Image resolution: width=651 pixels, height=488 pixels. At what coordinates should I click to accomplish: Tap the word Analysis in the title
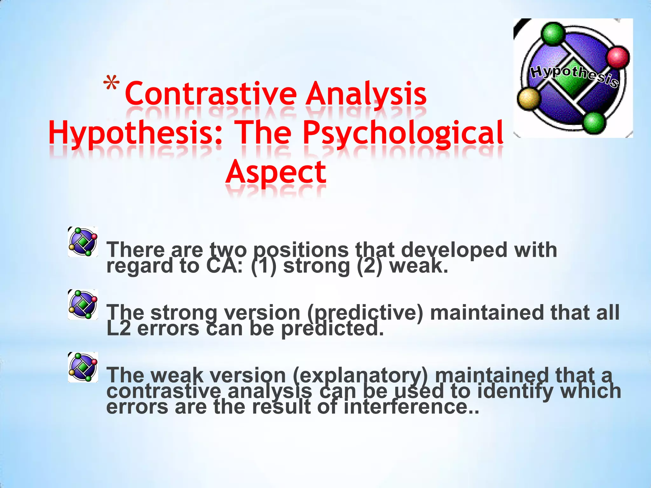coord(366,94)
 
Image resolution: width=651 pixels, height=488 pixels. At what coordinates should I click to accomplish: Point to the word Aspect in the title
coord(276,172)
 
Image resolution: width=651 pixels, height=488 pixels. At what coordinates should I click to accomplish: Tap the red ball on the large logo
coord(618,57)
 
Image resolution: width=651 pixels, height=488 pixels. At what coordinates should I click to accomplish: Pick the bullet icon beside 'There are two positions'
coord(83,242)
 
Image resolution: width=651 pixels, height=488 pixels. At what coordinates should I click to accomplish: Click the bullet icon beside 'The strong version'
coord(83,304)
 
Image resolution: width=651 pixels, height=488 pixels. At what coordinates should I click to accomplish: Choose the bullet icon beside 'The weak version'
coord(83,367)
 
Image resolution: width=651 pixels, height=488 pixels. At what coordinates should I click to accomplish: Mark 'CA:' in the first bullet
coord(224,266)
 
